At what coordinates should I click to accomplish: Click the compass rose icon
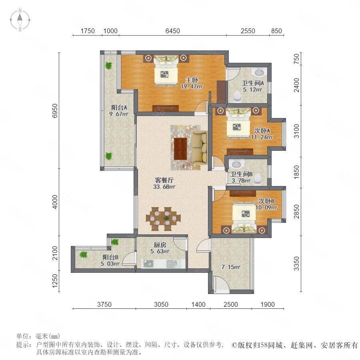tap(20, 20)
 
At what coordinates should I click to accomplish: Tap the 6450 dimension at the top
tap(172, 31)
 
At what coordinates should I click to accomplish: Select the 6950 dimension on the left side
tap(55, 111)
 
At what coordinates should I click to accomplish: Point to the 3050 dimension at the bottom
tap(161, 304)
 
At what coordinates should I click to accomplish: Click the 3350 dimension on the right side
tap(296, 264)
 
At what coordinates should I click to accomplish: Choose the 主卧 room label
tap(192, 80)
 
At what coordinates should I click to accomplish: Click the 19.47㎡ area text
tap(192, 87)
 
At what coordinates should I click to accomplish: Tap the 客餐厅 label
tap(164, 180)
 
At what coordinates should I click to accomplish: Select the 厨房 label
tap(160, 245)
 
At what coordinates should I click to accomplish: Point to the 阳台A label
tap(119, 107)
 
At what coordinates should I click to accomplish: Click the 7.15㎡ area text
tap(231, 267)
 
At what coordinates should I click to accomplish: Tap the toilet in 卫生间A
tap(237, 96)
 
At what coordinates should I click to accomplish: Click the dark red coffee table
tap(180, 149)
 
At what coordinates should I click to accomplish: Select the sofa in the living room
tap(199, 147)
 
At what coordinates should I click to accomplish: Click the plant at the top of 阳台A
tap(108, 66)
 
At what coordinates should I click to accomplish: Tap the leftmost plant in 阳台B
tap(84, 254)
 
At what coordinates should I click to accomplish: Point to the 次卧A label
tap(262, 131)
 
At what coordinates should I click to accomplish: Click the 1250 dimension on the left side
tap(55, 281)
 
